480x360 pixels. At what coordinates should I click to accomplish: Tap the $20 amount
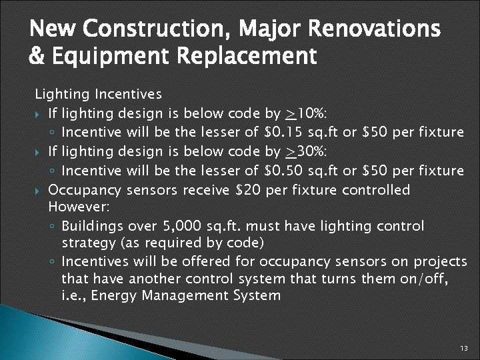pyautogui.click(x=248, y=191)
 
